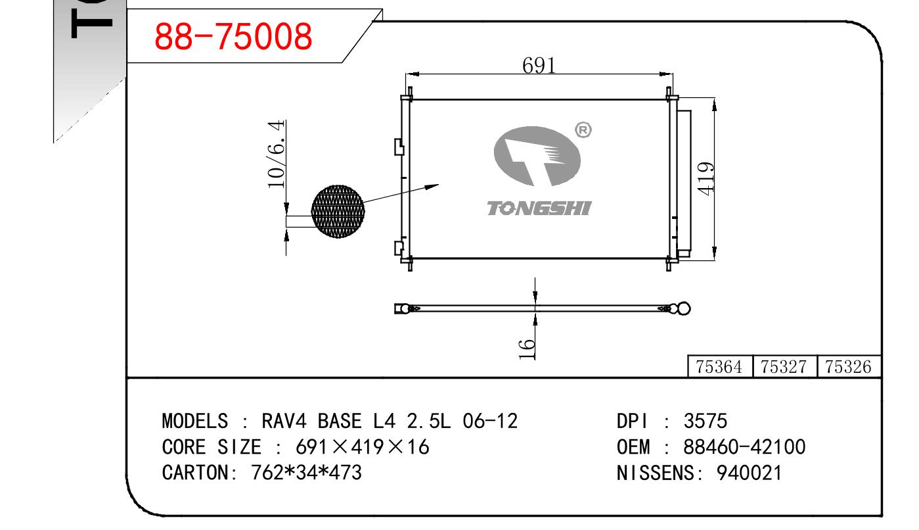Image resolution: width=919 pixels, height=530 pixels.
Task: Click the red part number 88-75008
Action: [233, 37]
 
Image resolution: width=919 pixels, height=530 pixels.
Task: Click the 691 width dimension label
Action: [539, 65]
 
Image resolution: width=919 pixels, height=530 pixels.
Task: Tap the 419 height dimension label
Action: [706, 178]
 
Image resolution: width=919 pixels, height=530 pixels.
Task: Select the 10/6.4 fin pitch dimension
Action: [277, 154]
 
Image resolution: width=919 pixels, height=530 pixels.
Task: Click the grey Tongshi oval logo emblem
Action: [537, 156]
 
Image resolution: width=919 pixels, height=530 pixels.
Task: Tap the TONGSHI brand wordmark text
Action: [539, 208]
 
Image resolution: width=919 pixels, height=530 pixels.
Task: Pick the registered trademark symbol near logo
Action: [583, 130]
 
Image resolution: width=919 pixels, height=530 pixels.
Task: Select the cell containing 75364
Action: [719, 367]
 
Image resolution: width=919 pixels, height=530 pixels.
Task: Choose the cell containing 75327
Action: [784, 367]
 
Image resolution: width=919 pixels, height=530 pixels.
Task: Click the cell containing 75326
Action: [848, 367]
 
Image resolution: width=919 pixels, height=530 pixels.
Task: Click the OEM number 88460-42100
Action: [744, 447]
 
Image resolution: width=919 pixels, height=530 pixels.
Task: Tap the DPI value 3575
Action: [706, 422]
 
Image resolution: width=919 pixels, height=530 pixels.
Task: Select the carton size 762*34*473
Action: [307, 472]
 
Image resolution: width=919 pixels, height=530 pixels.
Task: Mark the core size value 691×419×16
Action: [363, 447]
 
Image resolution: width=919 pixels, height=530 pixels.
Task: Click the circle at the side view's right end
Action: [684, 308]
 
